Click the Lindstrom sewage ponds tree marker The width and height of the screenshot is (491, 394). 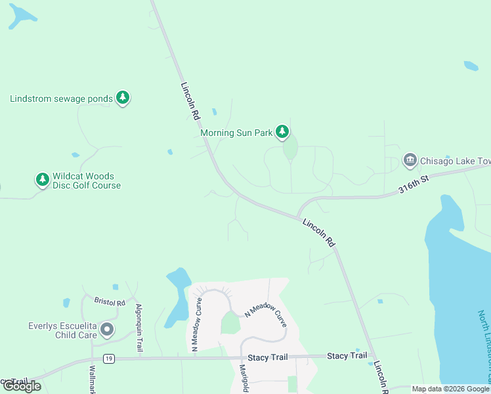tap(122, 98)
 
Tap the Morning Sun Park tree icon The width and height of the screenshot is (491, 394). tap(282, 132)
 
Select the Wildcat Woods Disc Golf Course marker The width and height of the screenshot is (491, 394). tap(43, 179)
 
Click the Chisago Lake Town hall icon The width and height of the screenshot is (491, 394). tap(410, 160)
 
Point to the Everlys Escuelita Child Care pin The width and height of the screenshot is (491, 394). tap(108, 330)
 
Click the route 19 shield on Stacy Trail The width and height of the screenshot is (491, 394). tap(109, 359)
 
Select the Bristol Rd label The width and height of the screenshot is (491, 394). tap(109, 302)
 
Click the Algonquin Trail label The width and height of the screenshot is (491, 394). tap(139, 328)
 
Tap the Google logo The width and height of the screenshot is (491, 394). tap(22, 386)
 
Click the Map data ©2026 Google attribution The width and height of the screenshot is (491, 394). tap(450, 389)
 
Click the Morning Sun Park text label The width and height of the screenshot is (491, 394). tap(236, 133)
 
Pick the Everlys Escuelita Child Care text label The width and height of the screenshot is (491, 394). tap(62, 330)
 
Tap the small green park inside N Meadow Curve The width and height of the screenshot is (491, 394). tap(230, 322)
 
